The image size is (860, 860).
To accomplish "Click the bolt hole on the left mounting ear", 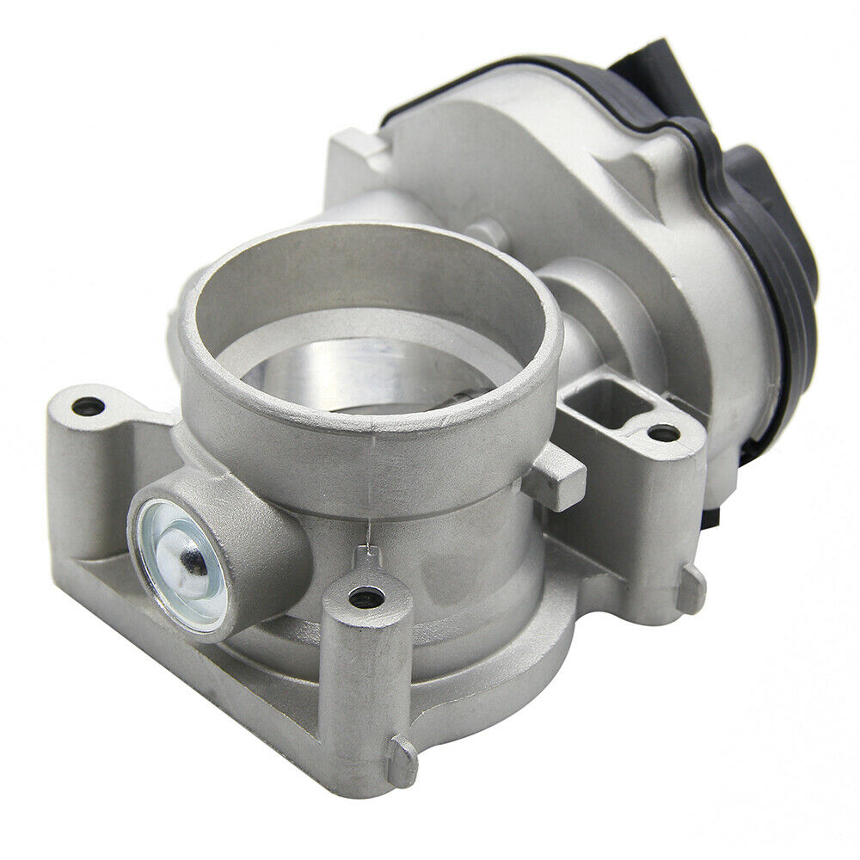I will (x=88, y=403).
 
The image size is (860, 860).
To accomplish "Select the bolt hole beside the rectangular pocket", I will (x=662, y=433).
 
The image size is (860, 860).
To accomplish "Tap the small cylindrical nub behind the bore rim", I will (x=488, y=230).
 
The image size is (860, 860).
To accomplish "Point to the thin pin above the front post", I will (x=365, y=551).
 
